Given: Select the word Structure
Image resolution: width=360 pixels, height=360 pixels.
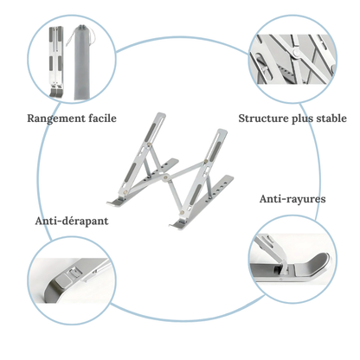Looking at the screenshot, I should [267, 118].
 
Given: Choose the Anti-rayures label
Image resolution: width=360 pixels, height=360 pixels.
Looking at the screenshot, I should [292, 199].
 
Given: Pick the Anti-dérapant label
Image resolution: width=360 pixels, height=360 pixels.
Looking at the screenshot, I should [72, 221].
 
